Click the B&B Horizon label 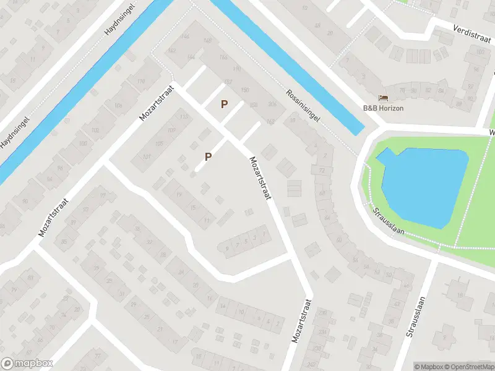tap(383, 108)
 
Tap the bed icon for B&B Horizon tap(384, 98)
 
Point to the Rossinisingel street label tap(303, 106)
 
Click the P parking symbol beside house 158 tap(225, 105)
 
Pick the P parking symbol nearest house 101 tap(209, 156)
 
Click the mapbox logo tap(27, 364)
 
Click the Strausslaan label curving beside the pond tap(389, 220)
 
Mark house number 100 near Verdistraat tap(479, 51)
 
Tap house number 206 tap(272, 104)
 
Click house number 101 tap(147, 157)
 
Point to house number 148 tap(207, 41)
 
